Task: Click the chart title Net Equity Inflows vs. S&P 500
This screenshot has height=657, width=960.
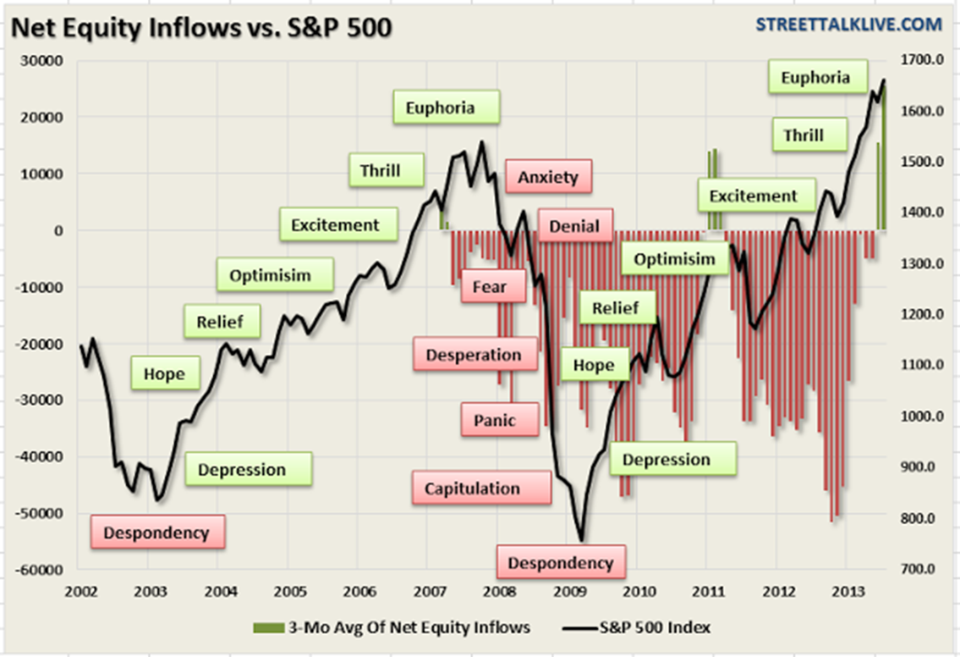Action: [x=201, y=28]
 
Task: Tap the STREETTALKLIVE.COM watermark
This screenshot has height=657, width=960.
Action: [x=848, y=24]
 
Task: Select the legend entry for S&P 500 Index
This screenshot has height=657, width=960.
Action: [x=636, y=627]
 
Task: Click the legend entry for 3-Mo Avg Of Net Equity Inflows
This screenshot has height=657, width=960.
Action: [x=392, y=627]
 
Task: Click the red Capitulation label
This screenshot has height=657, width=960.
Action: [x=472, y=489]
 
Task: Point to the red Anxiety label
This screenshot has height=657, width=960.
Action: [x=548, y=177]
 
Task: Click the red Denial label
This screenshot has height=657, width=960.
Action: [x=574, y=226]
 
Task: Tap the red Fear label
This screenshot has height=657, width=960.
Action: [x=490, y=287]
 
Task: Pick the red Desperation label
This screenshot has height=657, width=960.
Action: [x=474, y=355]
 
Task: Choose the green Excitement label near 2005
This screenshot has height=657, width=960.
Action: [x=335, y=225]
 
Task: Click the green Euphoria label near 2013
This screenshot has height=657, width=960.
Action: [x=815, y=78]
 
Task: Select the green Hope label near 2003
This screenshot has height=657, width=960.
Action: [x=164, y=374]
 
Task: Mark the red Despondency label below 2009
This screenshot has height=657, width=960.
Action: [x=560, y=563]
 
